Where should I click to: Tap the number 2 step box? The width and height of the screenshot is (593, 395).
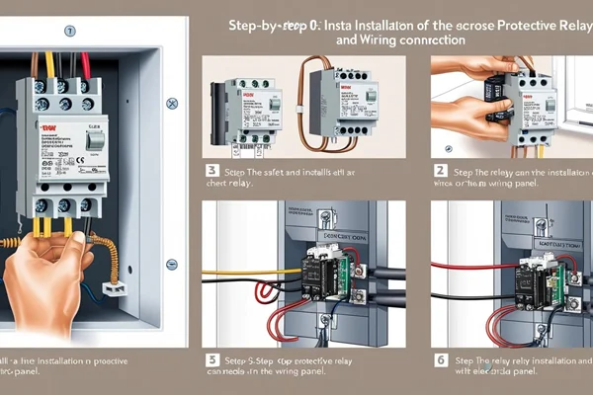[x=441, y=170]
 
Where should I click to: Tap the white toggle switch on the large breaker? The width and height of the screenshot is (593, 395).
[x=95, y=141]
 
